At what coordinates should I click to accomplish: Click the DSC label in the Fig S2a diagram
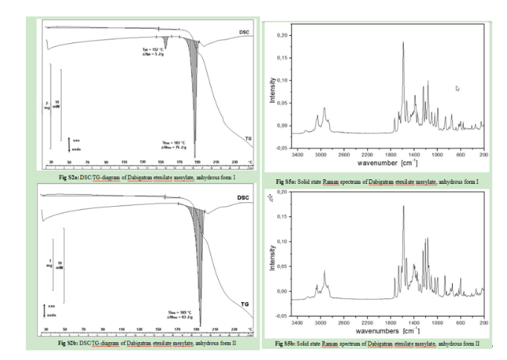244,33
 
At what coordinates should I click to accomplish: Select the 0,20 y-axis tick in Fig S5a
281,36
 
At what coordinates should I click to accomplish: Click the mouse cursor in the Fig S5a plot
458,89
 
